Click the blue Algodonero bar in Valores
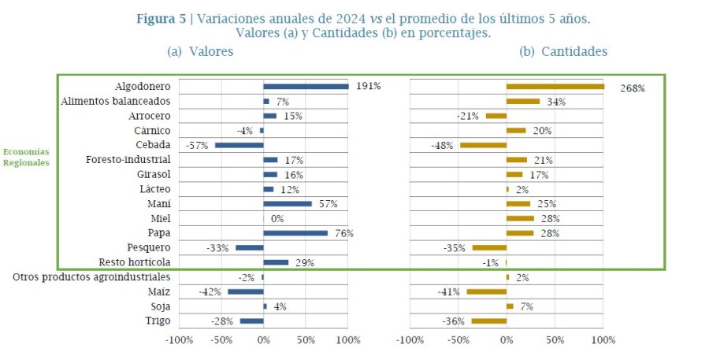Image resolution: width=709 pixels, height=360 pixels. tap(306, 87)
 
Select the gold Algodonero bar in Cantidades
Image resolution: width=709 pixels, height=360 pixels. tap(555, 87)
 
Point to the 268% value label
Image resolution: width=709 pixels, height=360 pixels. tap(632, 88)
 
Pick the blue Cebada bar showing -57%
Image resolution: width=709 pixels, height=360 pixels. tap(239, 145)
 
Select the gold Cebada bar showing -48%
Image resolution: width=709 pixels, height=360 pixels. tap(483, 145)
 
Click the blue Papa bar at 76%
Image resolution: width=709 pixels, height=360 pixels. tap(295, 233)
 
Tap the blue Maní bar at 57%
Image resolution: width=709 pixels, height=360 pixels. tap(288, 204)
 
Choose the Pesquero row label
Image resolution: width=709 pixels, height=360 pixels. tap(149, 247)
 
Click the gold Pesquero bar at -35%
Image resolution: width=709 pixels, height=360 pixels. tap(489, 247)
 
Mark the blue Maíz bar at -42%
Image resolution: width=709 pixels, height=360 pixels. tap(246, 291)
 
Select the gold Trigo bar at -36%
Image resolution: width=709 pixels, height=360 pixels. tap(488, 321)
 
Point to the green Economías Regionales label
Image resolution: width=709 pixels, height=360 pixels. tap(26, 157)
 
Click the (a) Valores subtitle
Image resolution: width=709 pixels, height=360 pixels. tap(199, 51)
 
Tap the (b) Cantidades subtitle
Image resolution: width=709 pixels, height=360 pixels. tap(562, 51)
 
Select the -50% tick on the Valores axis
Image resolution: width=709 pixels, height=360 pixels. tap(221, 340)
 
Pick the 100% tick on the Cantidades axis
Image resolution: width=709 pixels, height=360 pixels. tap(603, 340)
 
